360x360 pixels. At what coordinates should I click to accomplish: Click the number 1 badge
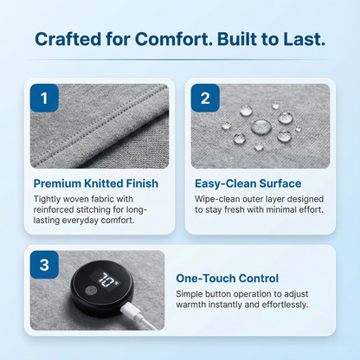point(44,98)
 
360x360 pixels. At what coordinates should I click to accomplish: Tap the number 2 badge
point(204,98)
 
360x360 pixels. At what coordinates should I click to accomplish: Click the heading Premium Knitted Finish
point(95,183)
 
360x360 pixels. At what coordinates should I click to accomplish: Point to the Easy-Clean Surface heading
point(247,183)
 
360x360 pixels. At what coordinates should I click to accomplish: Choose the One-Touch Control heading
point(227,279)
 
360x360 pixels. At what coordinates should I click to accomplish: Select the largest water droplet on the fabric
point(260,126)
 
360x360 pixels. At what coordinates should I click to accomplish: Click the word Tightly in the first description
point(48,198)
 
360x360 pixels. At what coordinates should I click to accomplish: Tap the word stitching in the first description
point(103,209)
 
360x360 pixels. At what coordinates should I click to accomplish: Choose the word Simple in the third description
point(192,293)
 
